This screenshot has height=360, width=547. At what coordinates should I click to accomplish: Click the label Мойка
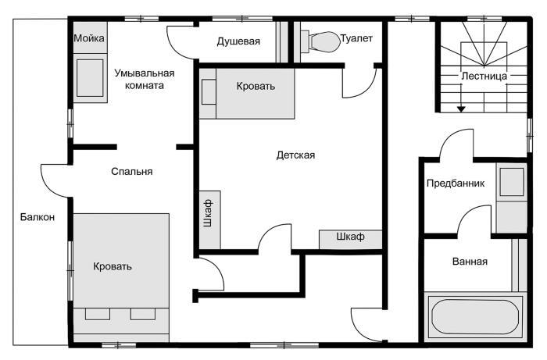pyautogui.click(x=88, y=37)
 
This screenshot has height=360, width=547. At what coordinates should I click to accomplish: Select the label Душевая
pyautogui.click(x=238, y=41)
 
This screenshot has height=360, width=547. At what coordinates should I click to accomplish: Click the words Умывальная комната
pyautogui.click(x=144, y=79)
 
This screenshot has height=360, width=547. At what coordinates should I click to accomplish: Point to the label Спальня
pyautogui.click(x=131, y=172)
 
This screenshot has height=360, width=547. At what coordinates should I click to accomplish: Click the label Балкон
pyautogui.click(x=38, y=217)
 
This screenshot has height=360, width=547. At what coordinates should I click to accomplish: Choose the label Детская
pyautogui.click(x=295, y=155)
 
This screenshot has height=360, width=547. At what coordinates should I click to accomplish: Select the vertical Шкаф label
pyautogui.click(x=208, y=211)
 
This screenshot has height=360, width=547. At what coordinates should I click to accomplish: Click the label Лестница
pyautogui.click(x=484, y=77)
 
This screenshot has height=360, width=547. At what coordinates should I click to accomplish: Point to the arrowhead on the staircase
pyautogui.click(x=462, y=109)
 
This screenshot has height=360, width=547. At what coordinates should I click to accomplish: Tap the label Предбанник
pyautogui.click(x=456, y=184)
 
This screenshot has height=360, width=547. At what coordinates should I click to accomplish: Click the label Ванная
pyautogui.click(x=470, y=262)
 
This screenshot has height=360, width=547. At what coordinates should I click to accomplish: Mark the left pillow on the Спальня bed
pyautogui.click(x=97, y=314)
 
